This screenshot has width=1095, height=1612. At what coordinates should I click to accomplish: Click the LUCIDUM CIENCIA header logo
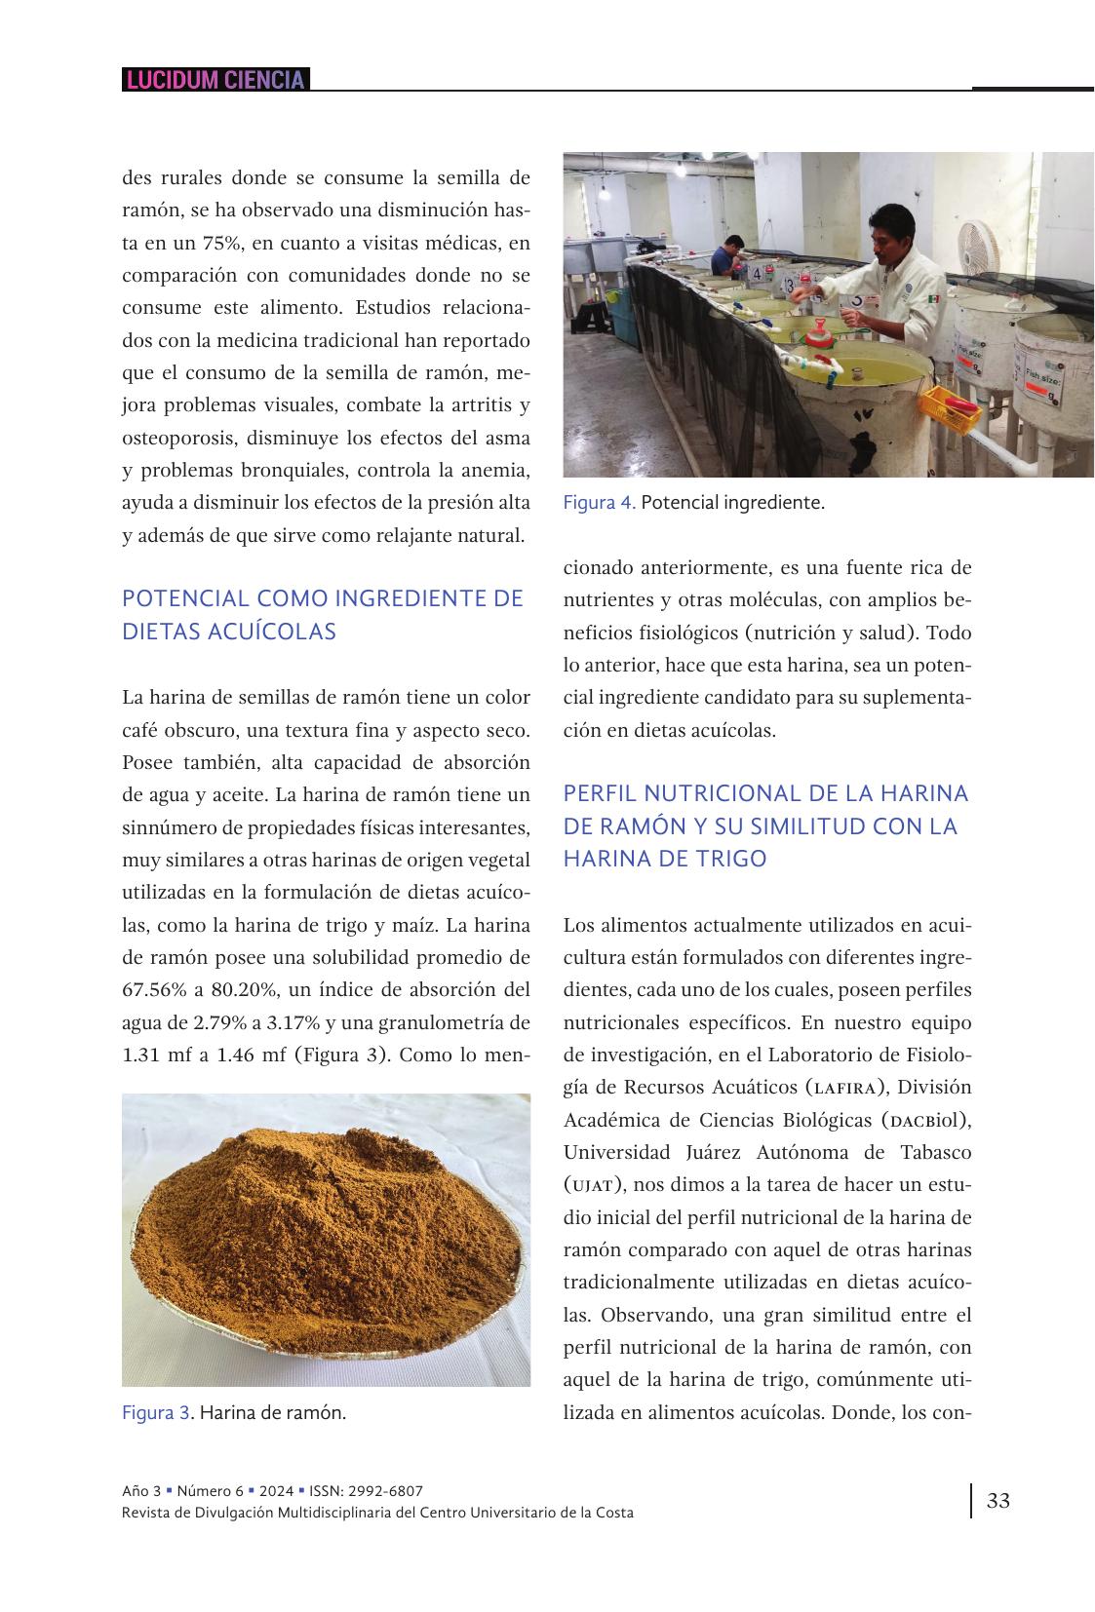coord(215,80)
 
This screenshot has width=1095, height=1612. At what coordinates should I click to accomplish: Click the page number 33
coord(998,1500)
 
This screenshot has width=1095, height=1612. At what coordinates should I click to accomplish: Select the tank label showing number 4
coord(758,274)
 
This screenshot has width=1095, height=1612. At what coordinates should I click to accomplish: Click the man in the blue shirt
coord(723,259)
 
